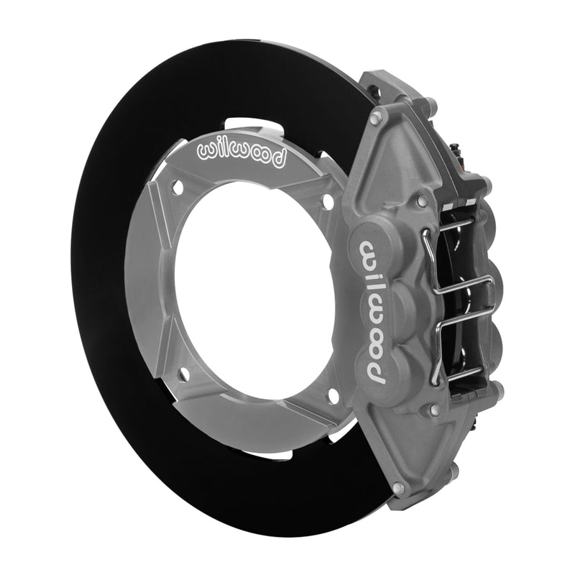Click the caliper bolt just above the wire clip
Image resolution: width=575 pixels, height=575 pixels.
click(422, 199)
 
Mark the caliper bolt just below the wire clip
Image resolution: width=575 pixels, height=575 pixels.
click(434, 410)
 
